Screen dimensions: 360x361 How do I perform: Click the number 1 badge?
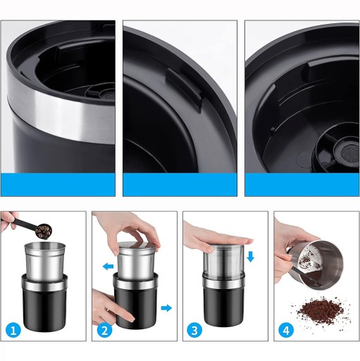[13, 331]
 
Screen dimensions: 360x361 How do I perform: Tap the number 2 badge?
[104, 331]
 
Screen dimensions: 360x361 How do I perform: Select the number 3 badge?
[195, 331]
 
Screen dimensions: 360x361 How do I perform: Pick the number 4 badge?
[286, 331]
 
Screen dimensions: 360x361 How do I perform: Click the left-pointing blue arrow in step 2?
[108, 267]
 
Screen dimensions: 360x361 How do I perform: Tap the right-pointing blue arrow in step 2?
[166, 308]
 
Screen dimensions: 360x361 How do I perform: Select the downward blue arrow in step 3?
[251, 257]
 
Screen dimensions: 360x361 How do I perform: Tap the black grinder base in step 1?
[44, 303]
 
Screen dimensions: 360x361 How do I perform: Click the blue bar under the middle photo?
[180, 185]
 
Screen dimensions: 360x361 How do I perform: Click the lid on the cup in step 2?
[137, 246]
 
